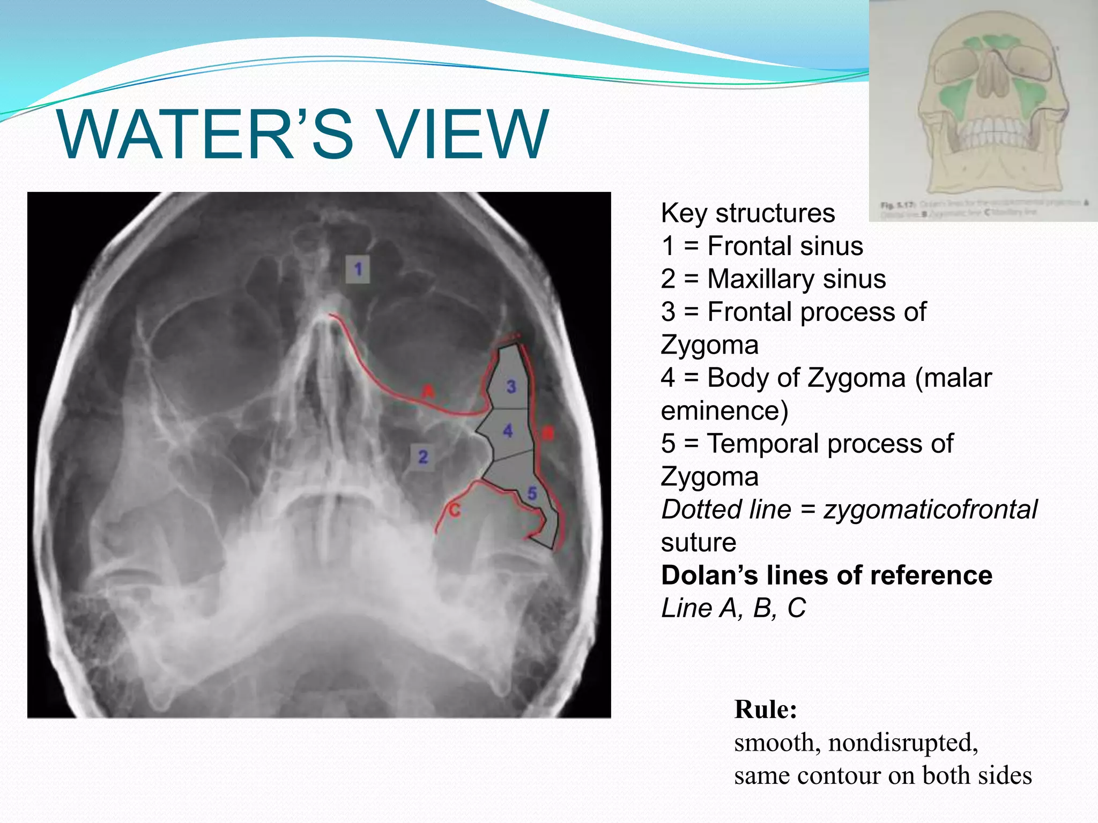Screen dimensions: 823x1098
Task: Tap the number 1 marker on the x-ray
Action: pyautogui.click(x=358, y=269)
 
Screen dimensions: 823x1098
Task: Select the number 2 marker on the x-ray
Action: pyautogui.click(x=423, y=457)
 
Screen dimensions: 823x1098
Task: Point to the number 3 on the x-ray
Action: pyautogui.click(x=511, y=386)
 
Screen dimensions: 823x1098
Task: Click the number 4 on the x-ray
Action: pyautogui.click(x=508, y=430)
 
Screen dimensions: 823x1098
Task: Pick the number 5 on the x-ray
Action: pyautogui.click(x=532, y=493)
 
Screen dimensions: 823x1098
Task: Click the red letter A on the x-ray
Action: pyautogui.click(x=427, y=391)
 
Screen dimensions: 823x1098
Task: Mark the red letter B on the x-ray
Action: pyautogui.click(x=547, y=433)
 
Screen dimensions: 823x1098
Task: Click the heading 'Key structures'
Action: pyautogui.click(x=747, y=213)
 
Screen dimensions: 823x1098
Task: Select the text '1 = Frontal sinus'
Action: pyautogui.click(x=762, y=246)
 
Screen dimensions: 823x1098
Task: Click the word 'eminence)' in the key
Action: pyautogui.click(x=724, y=411)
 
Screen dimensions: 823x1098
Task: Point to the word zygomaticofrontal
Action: pyautogui.click(x=930, y=510)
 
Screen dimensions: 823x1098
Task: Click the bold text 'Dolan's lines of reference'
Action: pyautogui.click(x=826, y=575)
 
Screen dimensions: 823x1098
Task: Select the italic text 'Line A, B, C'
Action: pyautogui.click(x=733, y=608)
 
